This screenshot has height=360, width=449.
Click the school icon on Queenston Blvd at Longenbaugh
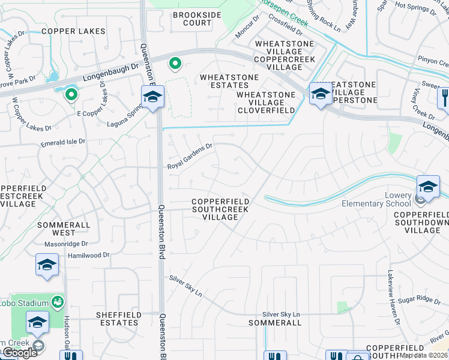pos(152,96)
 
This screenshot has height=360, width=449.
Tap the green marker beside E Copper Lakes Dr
pos(71,94)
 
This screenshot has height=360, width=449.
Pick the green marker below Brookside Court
pos(175,62)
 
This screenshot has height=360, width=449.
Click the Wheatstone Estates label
pos(229,81)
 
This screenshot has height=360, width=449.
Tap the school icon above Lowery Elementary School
pos(428,186)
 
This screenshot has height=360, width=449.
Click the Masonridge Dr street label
pos(67,244)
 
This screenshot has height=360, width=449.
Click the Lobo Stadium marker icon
pos(58,301)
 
